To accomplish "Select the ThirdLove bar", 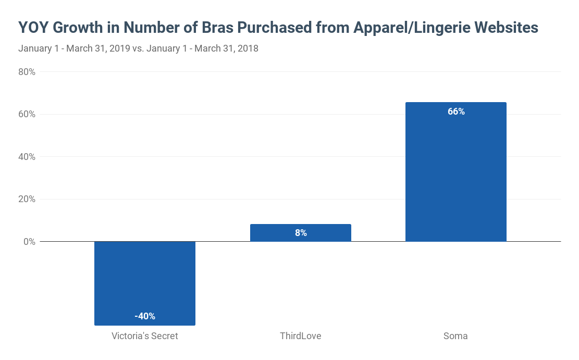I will coord(300,233).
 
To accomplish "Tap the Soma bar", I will coord(455,172).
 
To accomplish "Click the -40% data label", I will coord(144,316).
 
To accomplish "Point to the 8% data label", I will coord(301,233).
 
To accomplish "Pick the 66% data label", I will coord(456,111).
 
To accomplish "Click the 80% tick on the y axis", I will coord(27,72).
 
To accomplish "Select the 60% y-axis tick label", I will coord(27,114).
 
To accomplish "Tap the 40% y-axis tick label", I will coord(27,157).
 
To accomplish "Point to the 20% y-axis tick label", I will coord(27,199).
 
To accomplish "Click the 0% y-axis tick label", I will coord(29,242).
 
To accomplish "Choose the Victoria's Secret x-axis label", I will coord(144,336).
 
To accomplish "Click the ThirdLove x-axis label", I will coord(300,336).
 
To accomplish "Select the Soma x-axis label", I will coord(455,336).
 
